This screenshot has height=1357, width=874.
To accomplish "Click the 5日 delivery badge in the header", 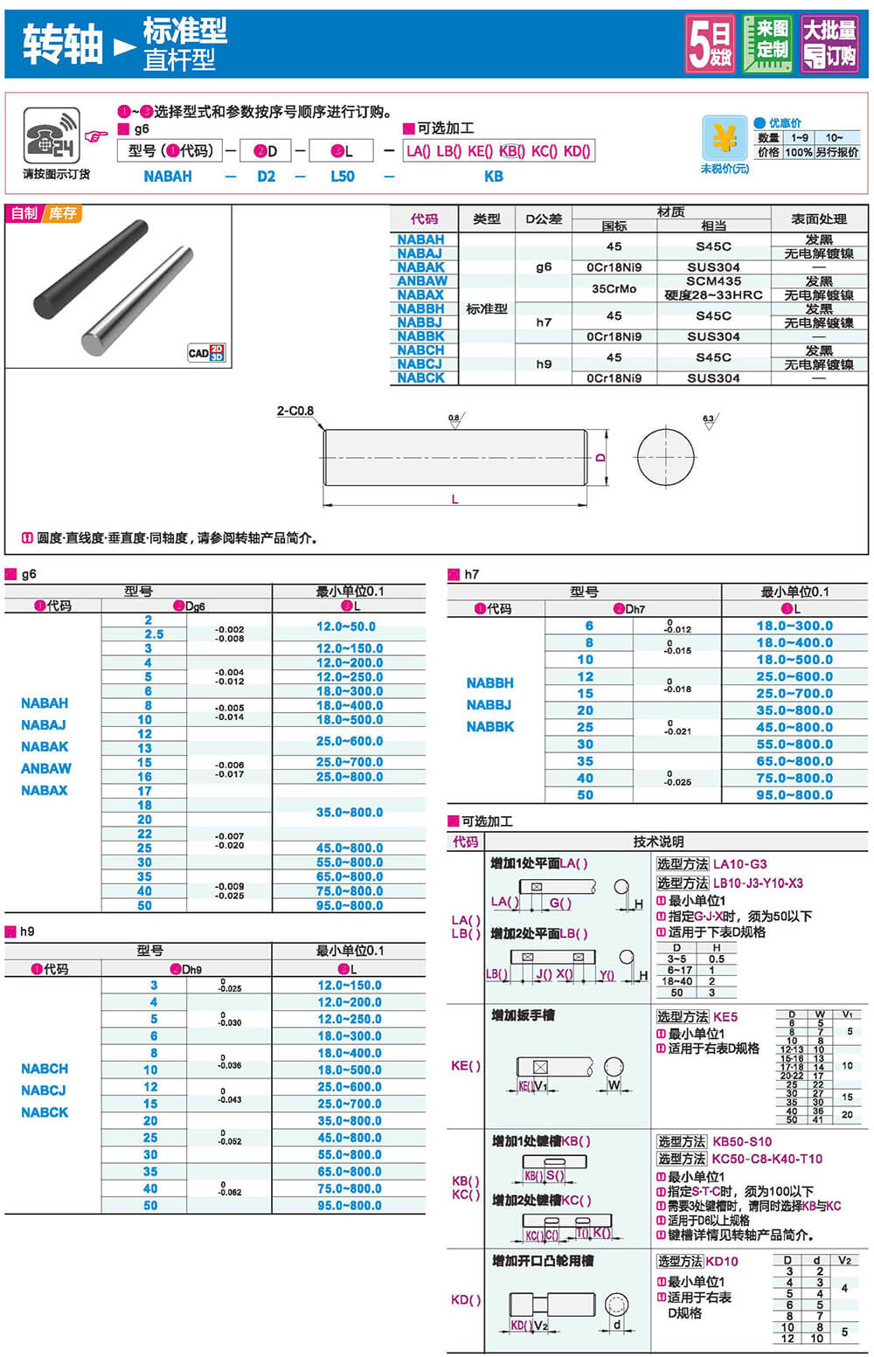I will [710, 44].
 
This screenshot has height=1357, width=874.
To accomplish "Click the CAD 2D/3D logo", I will [206, 353].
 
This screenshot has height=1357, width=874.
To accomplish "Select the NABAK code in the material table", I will [421, 267].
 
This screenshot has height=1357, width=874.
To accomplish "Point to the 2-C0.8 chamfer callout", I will [295, 411].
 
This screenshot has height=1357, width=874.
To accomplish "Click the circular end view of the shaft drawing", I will [665, 457].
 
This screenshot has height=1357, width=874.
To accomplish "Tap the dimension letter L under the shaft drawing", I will [454, 499].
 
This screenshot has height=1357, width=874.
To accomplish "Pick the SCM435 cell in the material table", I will [713, 281].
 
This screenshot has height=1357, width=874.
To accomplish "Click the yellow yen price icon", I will [724, 138].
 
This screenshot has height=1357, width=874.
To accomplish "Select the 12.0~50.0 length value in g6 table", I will [346, 627].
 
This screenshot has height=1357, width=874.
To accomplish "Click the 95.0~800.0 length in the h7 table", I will [794, 795].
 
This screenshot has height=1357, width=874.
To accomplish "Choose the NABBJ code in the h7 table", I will [489, 705].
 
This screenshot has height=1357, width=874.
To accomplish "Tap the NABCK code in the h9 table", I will [45, 1112].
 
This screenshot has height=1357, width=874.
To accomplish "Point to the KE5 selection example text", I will [725, 1017].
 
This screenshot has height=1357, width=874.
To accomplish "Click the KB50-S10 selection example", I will [742, 1142].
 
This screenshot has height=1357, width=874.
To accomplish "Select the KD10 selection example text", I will [722, 1262].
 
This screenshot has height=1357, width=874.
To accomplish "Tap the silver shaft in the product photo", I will [136, 301].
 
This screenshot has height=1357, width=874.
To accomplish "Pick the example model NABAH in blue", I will [168, 177].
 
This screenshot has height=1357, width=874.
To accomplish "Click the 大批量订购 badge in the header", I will [829, 44].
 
